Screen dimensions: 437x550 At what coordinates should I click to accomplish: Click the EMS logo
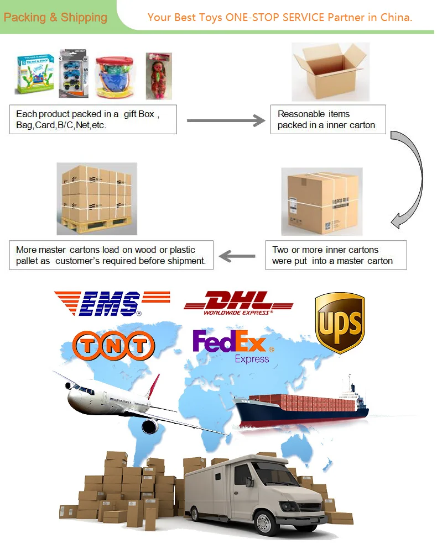tap(98, 303)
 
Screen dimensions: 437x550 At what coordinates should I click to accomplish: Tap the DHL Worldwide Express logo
tap(238, 303)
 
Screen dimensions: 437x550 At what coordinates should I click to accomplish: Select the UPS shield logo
tap(340, 322)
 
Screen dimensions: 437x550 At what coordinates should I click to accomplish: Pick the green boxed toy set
tap(34, 75)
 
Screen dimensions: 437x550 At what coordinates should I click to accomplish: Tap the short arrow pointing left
tap(238, 256)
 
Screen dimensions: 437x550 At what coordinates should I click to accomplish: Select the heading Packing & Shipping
tap(55, 17)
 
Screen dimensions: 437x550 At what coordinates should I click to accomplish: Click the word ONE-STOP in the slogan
tap(251, 17)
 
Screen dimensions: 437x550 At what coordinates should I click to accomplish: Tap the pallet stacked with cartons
tap(97, 198)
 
